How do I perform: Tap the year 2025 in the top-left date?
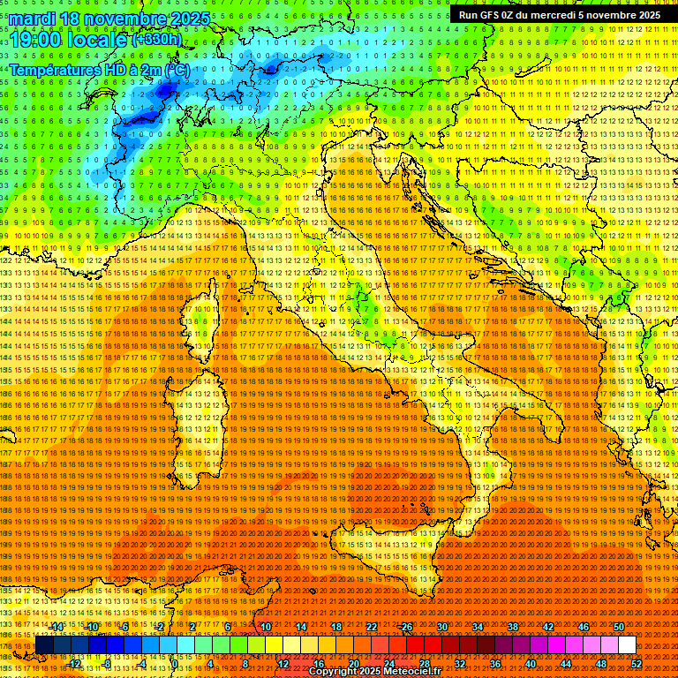click(x=187, y=19)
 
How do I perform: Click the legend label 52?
click(x=637, y=664)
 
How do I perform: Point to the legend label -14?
click(x=57, y=626)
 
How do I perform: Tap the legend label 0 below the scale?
click(x=175, y=664)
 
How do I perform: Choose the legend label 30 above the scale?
click(x=442, y=626)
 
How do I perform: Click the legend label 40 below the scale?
click(x=530, y=664)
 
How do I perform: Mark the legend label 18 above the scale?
click(x=335, y=626)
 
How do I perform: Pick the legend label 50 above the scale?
click(x=619, y=626)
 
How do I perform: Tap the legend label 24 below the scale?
click(x=388, y=664)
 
